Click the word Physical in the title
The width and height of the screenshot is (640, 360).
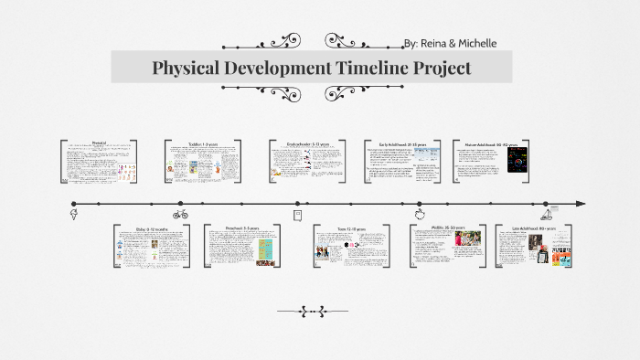pos(187,68)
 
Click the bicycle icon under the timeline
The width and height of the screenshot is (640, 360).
pos(180,215)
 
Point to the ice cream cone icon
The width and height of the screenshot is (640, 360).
pos(74,215)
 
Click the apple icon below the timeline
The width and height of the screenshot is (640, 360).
pos(420,214)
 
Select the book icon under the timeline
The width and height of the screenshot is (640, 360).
pos(297,215)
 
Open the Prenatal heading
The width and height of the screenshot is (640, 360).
pos(100,143)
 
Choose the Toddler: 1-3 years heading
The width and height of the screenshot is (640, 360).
pos(203,143)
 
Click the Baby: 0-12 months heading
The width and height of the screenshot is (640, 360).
pos(152,228)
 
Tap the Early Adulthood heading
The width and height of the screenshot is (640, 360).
pos(402,143)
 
